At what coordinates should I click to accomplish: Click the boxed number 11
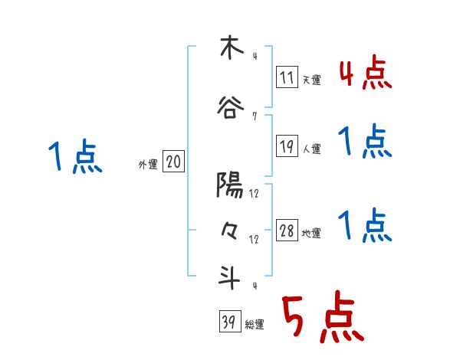[x=287, y=77]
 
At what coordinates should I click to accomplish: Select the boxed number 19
[x=287, y=147]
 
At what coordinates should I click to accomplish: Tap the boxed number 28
[x=287, y=231]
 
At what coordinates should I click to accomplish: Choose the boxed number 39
[x=229, y=323]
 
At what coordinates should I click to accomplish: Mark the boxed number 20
[x=174, y=162]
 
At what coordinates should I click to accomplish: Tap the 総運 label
[x=255, y=325]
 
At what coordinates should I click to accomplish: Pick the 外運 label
[x=148, y=164]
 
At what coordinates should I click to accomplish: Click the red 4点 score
[x=366, y=74]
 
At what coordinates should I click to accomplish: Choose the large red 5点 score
[x=323, y=319]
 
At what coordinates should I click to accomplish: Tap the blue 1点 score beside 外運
[x=75, y=158]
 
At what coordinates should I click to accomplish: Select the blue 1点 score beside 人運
[x=365, y=142]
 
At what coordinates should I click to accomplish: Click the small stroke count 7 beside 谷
[x=254, y=116]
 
